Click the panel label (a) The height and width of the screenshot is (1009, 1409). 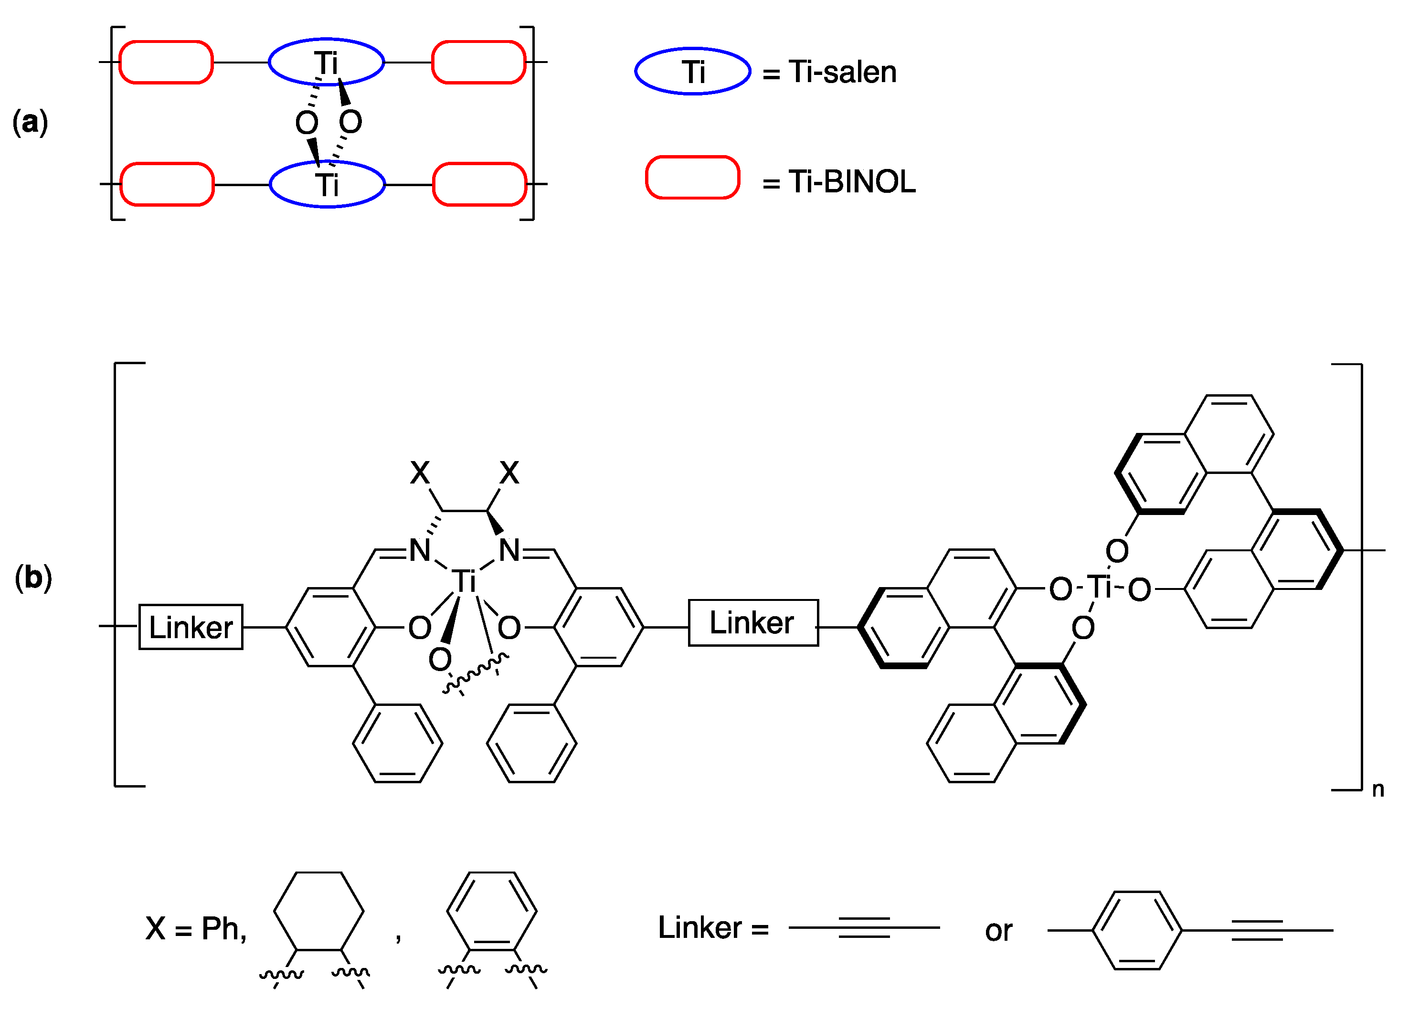(x=30, y=122)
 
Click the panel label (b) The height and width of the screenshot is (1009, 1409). (x=33, y=578)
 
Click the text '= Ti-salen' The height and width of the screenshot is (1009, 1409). (x=829, y=72)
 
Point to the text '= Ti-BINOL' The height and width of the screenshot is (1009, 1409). (x=839, y=182)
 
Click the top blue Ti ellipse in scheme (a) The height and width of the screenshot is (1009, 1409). (x=326, y=62)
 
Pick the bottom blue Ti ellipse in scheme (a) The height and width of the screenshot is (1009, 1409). (x=328, y=184)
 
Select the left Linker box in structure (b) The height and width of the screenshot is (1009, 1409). (x=191, y=627)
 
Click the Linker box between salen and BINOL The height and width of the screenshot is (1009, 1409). (x=753, y=623)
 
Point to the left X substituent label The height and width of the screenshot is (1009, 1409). (x=420, y=473)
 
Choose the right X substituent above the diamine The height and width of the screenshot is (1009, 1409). (x=509, y=473)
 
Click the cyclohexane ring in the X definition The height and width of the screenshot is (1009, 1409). (x=318, y=912)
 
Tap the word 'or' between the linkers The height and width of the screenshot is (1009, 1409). (x=998, y=931)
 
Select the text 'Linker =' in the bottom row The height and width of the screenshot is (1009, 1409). (x=713, y=928)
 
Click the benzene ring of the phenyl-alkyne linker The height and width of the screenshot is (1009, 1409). (x=1137, y=930)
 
